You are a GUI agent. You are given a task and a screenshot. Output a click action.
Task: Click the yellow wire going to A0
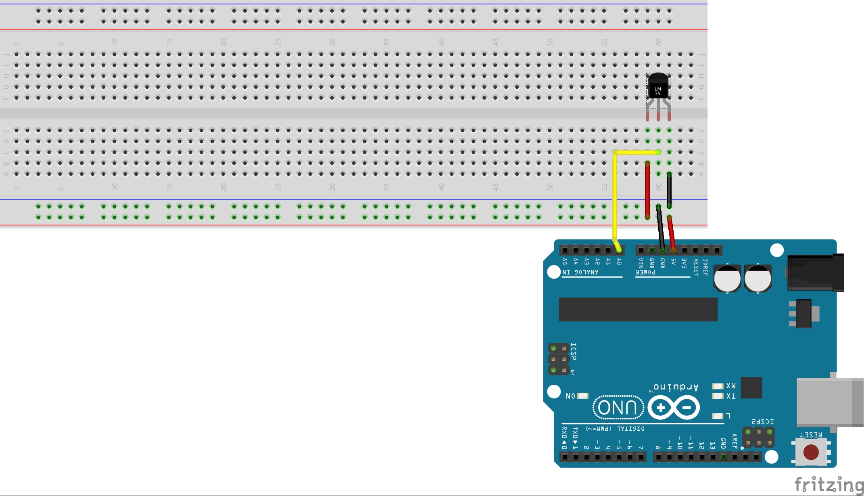pyautogui.click(x=614, y=194)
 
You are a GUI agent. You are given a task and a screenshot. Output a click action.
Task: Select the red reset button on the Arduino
pyautogui.click(x=811, y=452)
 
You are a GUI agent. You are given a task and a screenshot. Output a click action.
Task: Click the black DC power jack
pyautogui.click(x=815, y=273)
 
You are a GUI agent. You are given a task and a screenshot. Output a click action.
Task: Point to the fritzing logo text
pyautogui.click(x=829, y=484)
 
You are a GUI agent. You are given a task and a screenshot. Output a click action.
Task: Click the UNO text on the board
pyautogui.click(x=618, y=408)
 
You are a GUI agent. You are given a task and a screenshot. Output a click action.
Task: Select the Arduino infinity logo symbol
pyautogui.click(x=674, y=408)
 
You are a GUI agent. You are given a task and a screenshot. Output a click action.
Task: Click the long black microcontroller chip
pyautogui.click(x=638, y=309)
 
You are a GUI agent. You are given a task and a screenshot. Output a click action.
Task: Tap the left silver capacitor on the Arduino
pyautogui.click(x=727, y=278)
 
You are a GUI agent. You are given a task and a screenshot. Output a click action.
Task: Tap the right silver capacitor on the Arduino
pyautogui.click(x=758, y=278)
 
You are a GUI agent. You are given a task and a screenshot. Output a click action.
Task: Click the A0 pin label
pyautogui.click(x=619, y=262)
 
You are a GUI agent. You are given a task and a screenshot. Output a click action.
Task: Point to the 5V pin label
pyautogui.click(x=673, y=262)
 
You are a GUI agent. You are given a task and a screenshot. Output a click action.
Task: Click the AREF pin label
pyautogui.click(x=735, y=441)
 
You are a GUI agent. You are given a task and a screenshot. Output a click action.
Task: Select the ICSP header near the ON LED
pyautogui.click(x=559, y=359)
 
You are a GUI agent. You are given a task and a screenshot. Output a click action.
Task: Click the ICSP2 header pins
pyautogui.click(x=758, y=437)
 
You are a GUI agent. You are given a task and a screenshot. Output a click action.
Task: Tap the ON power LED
pyautogui.click(x=583, y=396)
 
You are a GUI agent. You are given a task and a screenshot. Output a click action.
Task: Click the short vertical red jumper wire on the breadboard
pyautogui.click(x=647, y=190)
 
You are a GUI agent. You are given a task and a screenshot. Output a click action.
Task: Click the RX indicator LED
pyautogui.click(x=718, y=386)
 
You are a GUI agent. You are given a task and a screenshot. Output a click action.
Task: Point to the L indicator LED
pyautogui.click(x=718, y=416)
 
